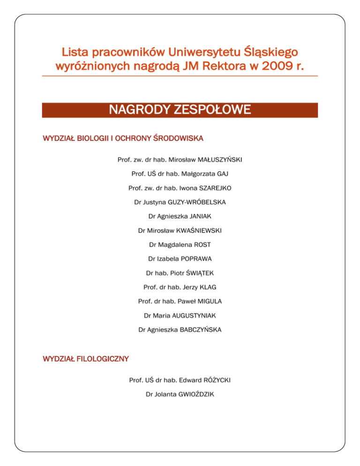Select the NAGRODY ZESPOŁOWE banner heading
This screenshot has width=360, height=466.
coord(180,110)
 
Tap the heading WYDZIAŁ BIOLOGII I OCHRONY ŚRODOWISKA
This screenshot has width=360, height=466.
coord(123,139)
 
